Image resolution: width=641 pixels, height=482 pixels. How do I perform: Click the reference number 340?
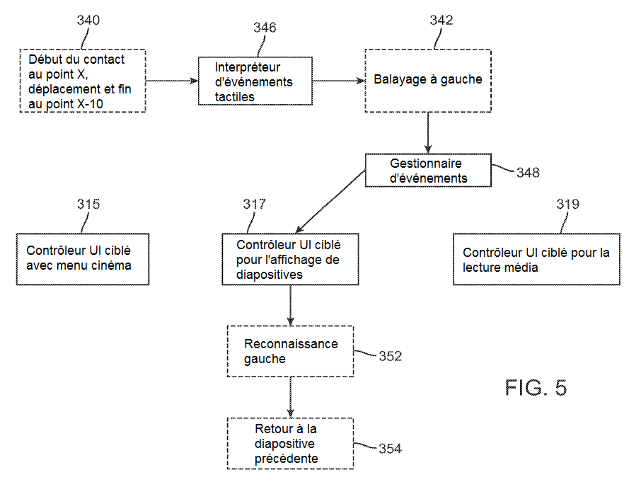(x=88, y=20)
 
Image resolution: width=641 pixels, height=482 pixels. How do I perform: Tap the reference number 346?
(x=265, y=28)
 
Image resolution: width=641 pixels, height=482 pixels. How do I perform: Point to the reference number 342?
(x=441, y=20)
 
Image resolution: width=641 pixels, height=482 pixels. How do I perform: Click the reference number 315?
(x=88, y=205)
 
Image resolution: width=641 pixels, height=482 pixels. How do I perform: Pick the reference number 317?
(x=255, y=205)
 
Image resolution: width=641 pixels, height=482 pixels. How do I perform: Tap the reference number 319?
(x=567, y=205)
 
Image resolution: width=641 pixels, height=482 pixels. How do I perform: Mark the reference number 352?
(x=390, y=356)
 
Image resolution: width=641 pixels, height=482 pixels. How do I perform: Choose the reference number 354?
(x=390, y=448)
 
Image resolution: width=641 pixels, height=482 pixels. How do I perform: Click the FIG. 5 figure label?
(x=536, y=388)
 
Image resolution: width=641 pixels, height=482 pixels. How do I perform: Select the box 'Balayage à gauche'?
(x=427, y=80)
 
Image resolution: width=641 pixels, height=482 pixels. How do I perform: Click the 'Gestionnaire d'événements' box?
(x=428, y=171)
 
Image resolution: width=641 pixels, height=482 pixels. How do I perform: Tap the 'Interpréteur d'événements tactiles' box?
(x=255, y=81)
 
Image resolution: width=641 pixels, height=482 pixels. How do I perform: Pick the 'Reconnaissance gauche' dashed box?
(x=290, y=351)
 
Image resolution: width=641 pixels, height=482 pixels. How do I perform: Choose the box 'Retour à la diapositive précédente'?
(x=290, y=444)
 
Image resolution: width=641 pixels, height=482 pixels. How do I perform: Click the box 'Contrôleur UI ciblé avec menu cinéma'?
(x=83, y=259)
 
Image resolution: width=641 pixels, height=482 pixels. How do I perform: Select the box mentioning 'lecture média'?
(x=536, y=260)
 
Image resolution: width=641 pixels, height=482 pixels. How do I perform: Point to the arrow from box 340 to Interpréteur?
(x=172, y=81)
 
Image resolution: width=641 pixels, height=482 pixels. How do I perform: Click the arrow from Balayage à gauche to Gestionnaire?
(x=428, y=132)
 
